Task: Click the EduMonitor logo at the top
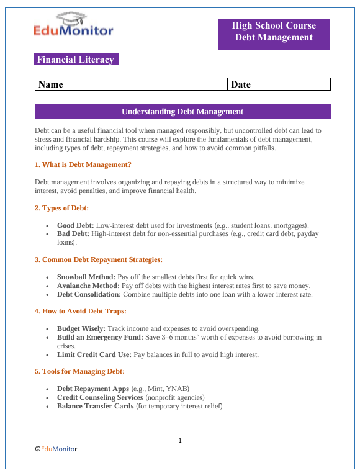tap(73, 24)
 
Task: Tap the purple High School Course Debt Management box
tap(274, 32)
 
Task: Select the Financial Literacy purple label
tap(76, 60)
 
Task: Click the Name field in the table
tap(131, 84)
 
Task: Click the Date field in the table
tap(279, 84)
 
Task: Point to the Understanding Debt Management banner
tap(182, 112)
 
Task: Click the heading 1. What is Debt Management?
tap(83, 165)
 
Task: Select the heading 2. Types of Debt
tap(62, 208)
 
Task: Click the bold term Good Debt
tap(75, 224)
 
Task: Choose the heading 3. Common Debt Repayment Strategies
tap(99, 259)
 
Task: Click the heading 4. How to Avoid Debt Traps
tap(81, 311)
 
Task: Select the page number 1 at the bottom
tap(180, 440)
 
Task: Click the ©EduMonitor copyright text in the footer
tap(56, 448)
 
